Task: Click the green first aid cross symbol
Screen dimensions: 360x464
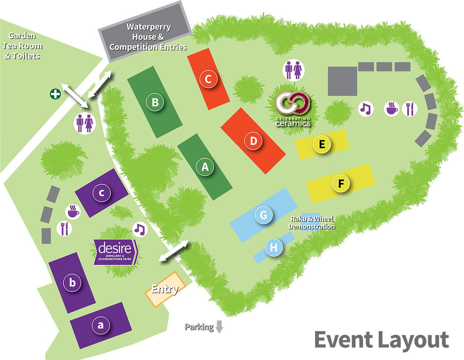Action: tap(55, 94)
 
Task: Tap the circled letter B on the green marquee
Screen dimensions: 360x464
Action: tap(155, 102)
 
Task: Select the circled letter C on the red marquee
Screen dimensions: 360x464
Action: tap(208, 79)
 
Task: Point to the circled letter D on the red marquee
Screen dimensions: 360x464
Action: tap(254, 141)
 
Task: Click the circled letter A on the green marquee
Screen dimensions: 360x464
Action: tap(205, 167)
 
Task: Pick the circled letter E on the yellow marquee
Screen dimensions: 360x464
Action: tap(322, 144)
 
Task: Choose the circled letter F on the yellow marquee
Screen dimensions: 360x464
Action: tap(341, 184)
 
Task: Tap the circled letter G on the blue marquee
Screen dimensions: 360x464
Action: tap(264, 215)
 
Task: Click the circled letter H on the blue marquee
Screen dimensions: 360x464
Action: tap(274, 247)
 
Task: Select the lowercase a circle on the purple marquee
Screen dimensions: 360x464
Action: tap(101, 325)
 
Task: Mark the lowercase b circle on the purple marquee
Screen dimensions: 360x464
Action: tap(72, 283)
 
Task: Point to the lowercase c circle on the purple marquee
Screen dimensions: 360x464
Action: tap(102, 193)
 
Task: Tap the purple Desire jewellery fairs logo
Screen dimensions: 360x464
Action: tap(115, 252)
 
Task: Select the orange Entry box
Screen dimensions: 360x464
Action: tap(165, 289)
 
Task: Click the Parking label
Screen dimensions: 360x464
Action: tap(200, 327)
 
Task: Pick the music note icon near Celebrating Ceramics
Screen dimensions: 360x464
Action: tap(366, 109)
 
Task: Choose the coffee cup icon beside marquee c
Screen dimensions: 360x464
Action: tap(73, 211)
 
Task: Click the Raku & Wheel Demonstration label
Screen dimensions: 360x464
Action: tap(312, 223)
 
